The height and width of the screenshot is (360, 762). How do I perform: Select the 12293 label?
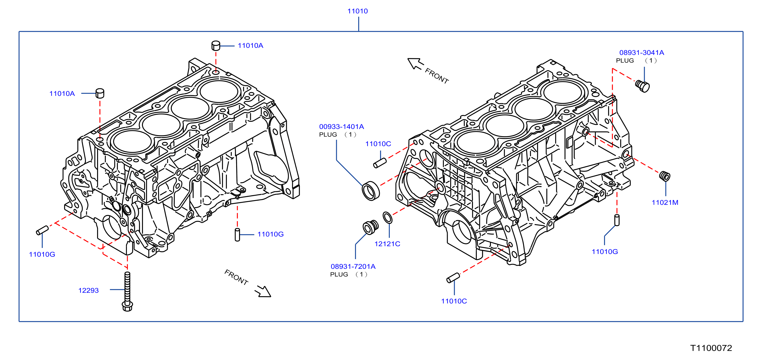88,290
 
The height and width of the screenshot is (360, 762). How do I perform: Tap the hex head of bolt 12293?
127,306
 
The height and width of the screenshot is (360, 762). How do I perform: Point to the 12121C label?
387,244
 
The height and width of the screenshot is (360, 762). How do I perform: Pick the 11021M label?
665,203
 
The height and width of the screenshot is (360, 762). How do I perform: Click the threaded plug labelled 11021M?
665,176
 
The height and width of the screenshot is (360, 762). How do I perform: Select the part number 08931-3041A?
642,53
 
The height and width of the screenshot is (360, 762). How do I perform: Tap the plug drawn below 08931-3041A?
643,86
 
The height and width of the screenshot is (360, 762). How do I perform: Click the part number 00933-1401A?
341,127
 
